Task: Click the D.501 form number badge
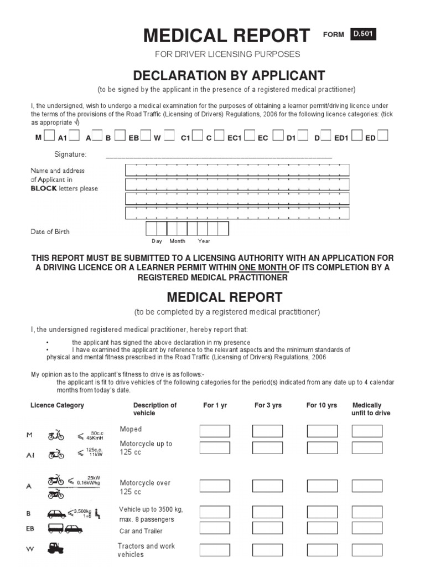coord(363,34)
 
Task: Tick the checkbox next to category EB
coord(146,136)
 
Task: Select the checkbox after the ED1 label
coord(356,136)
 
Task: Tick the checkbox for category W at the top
coord(169,136)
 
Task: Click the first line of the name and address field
coord(237,170)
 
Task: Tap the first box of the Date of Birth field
coord(151,228)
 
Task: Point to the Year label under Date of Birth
coord(204,241)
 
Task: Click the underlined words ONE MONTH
coord(263,267)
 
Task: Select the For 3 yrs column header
coord(268,405)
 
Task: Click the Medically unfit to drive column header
coord(370,409)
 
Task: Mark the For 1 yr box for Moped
coord(215,431)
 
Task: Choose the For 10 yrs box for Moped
coord(322,431)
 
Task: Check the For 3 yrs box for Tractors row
coord(267,550)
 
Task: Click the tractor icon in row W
coord(56,548)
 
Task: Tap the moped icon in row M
coord(56,436)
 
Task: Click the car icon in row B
coord(56,513)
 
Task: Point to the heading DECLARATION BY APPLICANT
coord(227,75)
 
